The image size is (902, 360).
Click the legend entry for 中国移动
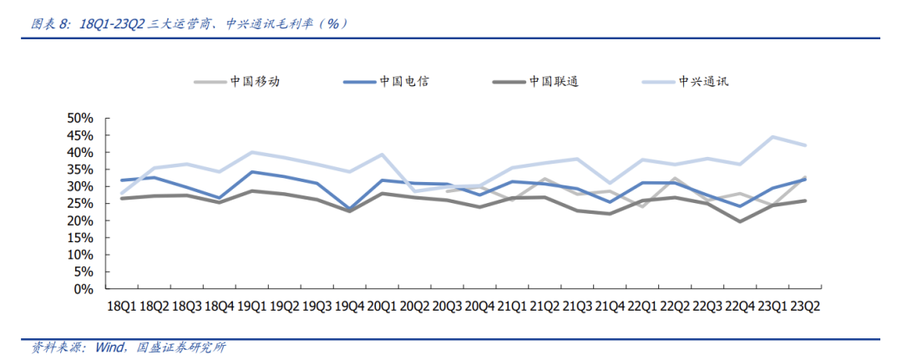coord(255,82)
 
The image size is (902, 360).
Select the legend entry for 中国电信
coord(404,82)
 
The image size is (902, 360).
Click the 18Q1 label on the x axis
coord(122,307)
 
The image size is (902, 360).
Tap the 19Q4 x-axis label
coord(349,307)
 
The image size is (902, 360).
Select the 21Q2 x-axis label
coord(545,307)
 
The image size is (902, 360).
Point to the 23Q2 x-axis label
coord(805,307)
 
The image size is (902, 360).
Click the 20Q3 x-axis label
coord(447,307)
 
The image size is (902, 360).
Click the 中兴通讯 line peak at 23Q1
coord(773,137)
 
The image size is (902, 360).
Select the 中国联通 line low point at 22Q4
coord(740,221)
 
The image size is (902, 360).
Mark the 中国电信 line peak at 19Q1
coord(251,172)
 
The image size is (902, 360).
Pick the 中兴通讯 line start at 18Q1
coord(122,194)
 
